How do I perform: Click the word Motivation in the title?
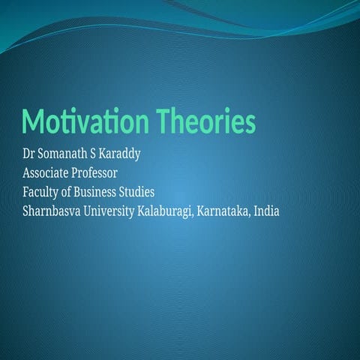pos(85,121)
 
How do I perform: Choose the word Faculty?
pos(43,192)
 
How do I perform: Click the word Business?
pos(101,192)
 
